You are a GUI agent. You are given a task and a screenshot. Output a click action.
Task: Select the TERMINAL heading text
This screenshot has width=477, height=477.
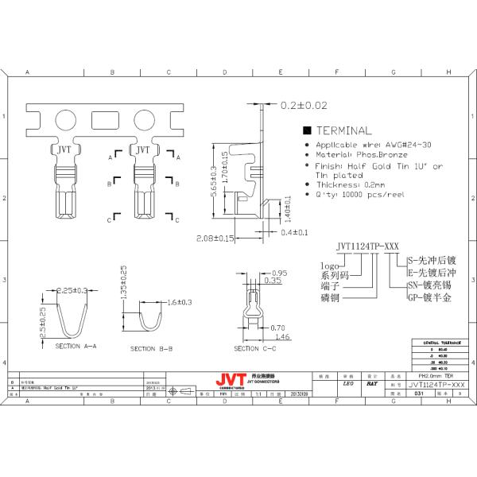[x=343, y=130]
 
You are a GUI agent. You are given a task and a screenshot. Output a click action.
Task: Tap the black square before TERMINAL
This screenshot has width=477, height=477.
[x=307, y=130]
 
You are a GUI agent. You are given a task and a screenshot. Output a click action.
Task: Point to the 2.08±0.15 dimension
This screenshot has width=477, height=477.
[x=215, y=237]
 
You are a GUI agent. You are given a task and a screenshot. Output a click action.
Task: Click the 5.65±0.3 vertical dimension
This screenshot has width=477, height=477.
[x=213, y=181]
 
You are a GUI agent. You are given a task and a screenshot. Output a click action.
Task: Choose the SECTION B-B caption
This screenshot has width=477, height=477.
[x=154, y=348]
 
